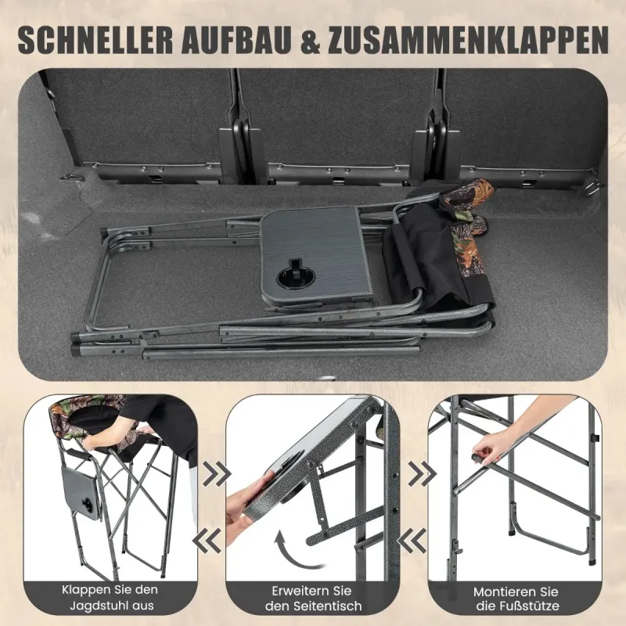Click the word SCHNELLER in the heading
tap(95, 40)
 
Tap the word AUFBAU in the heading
tap(237, 40)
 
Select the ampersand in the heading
tap(311, 40)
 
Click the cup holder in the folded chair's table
tap(297, 278)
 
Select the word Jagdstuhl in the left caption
tap(99, 606)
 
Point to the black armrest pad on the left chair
tap(81, 454)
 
